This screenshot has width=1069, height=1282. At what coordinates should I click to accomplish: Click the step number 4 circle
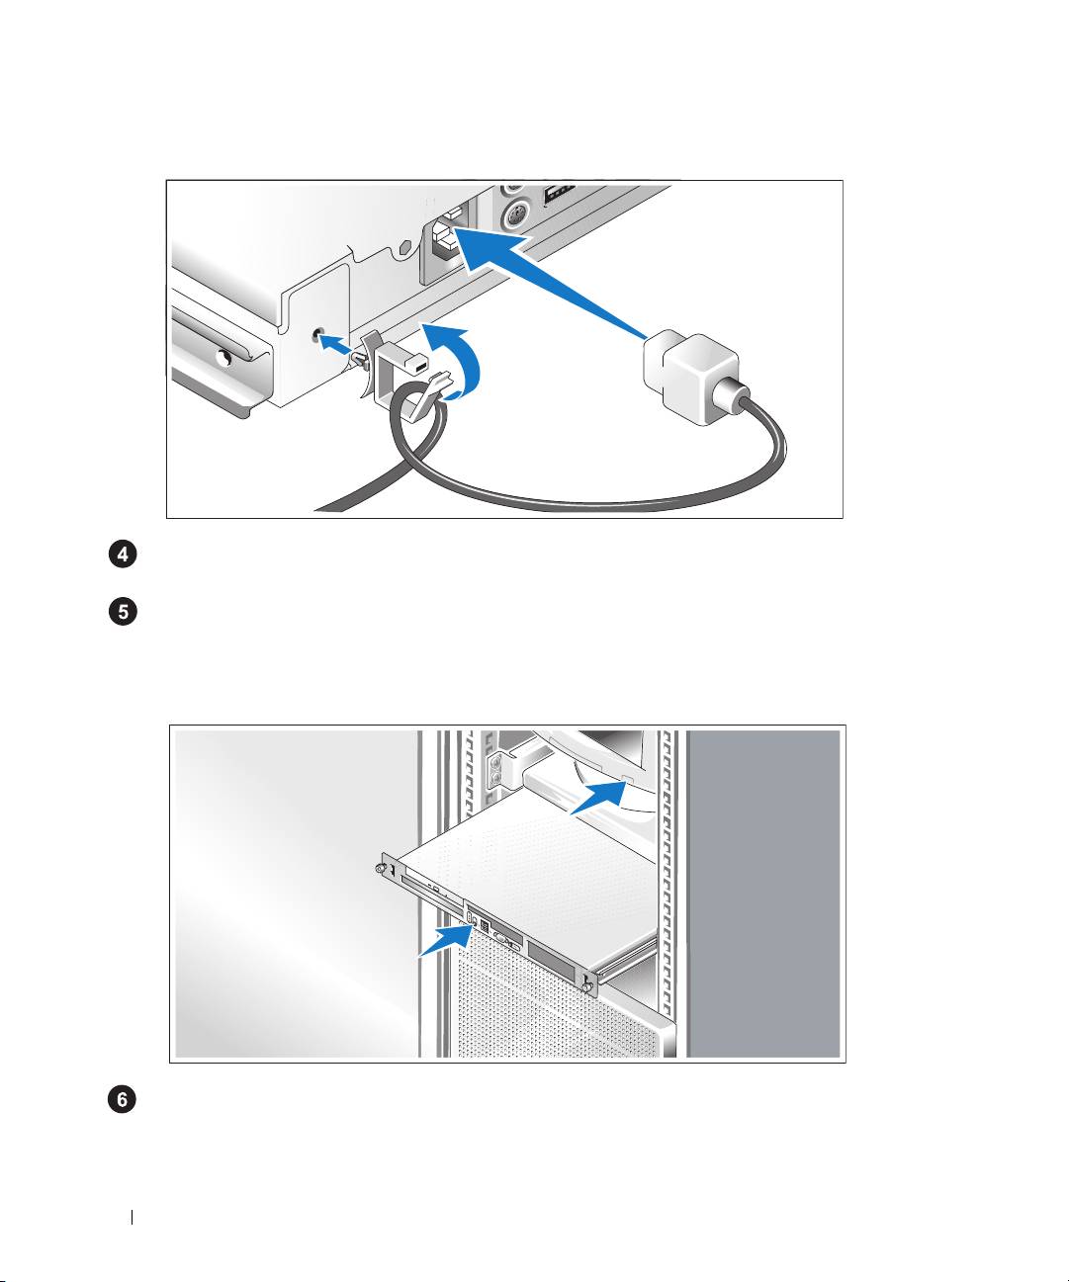pos(123,555)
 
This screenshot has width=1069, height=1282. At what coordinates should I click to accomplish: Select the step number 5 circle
pos(123,612)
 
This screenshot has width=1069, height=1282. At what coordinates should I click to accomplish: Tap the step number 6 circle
pos(123,1099)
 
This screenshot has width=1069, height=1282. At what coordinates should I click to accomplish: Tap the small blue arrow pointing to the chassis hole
pos(337,344)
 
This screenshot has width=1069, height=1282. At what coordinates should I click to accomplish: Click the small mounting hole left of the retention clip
pos(317,335)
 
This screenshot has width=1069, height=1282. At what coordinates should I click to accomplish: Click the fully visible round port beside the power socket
pos(515,214)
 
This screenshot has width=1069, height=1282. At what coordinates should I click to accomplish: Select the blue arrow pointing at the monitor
pos(600,798)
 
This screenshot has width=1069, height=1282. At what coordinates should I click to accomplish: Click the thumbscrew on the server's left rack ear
pos(381,869)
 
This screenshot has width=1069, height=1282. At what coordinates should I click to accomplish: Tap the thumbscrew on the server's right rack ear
pos(589,987)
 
